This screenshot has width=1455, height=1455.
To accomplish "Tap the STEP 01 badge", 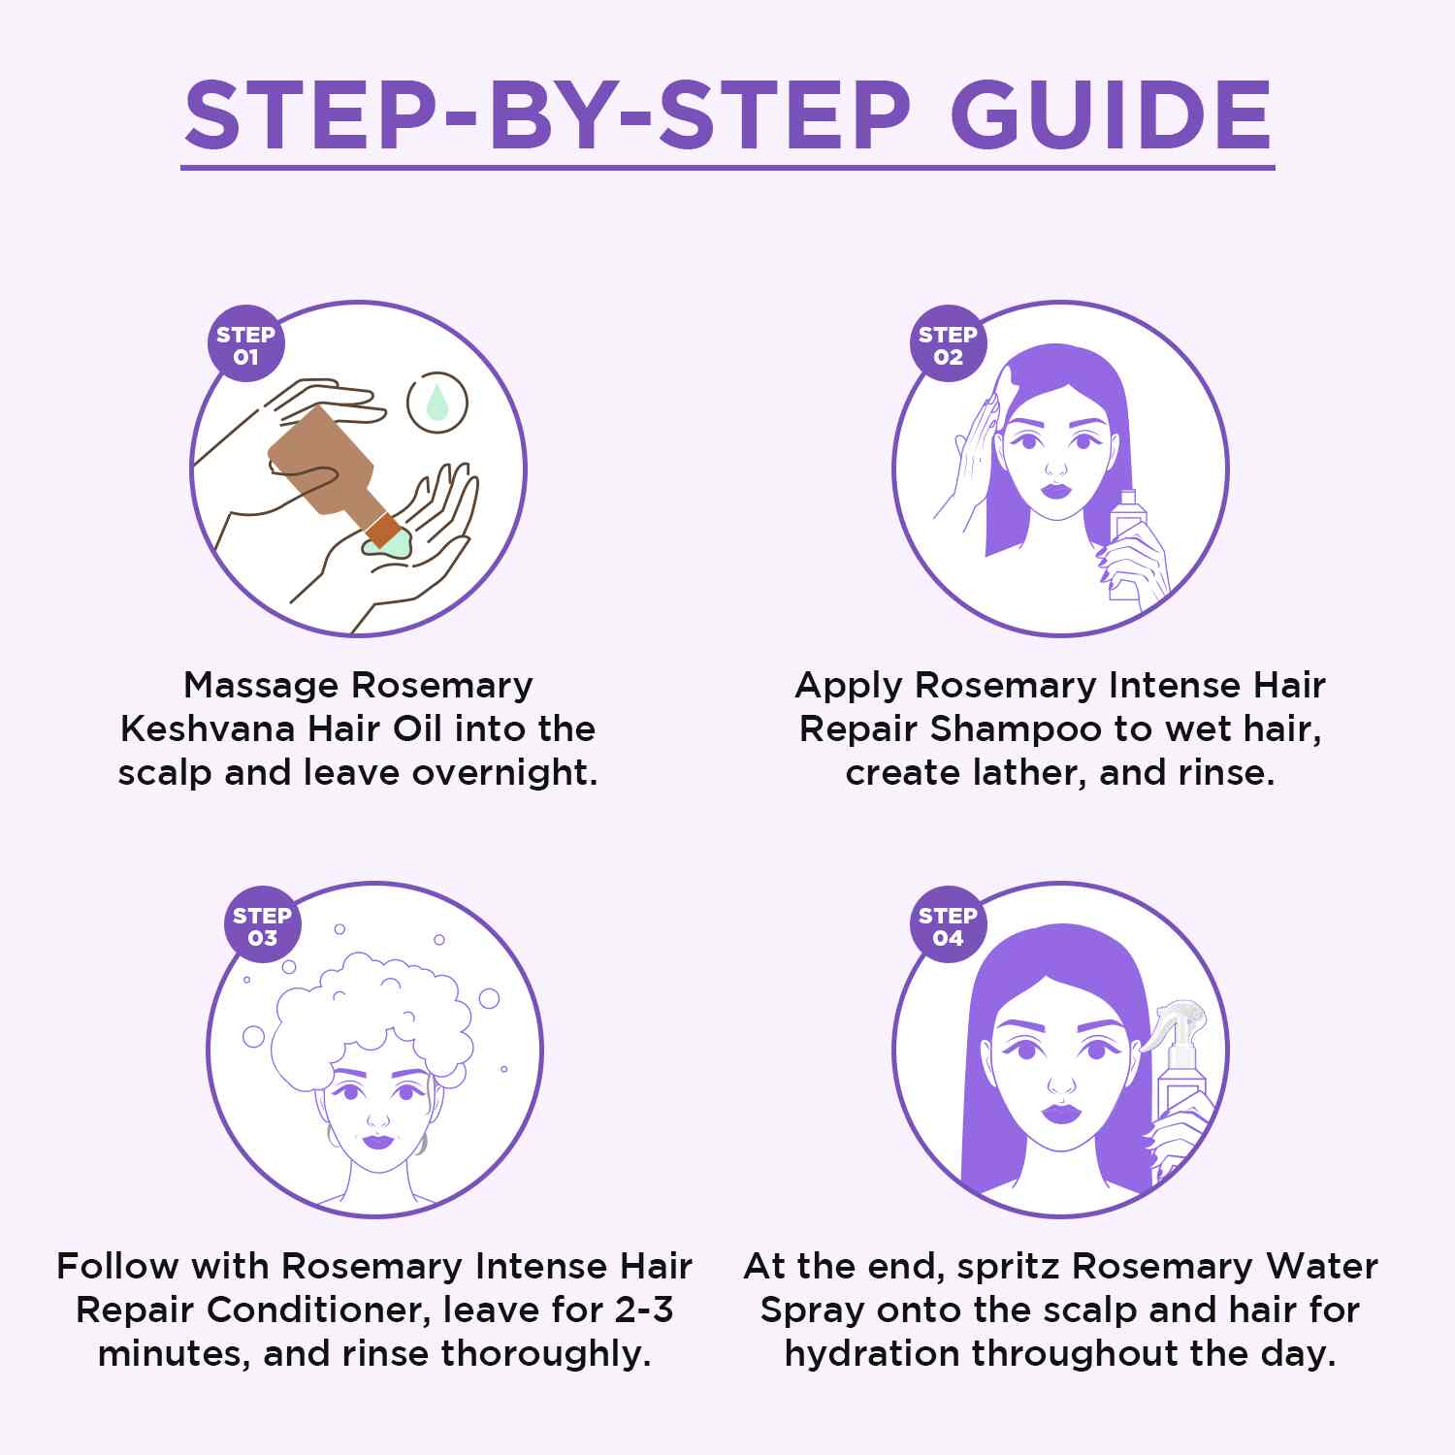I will (x=245, y=345).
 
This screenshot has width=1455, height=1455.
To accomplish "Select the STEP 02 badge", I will (x=948, y=345).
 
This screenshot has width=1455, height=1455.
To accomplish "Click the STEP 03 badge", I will (x=262, y=926).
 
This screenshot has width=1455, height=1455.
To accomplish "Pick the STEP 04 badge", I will (x=948, y=926).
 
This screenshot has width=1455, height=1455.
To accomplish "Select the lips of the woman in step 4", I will (x=1061, y=1111).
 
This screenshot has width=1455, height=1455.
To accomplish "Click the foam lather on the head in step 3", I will (x=373, y=1009).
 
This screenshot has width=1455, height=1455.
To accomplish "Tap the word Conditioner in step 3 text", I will (x=319, y=1309).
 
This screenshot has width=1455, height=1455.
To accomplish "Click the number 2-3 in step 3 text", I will (x=644, y=1309).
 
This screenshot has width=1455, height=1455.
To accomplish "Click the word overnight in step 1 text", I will (x=504, y=772).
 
